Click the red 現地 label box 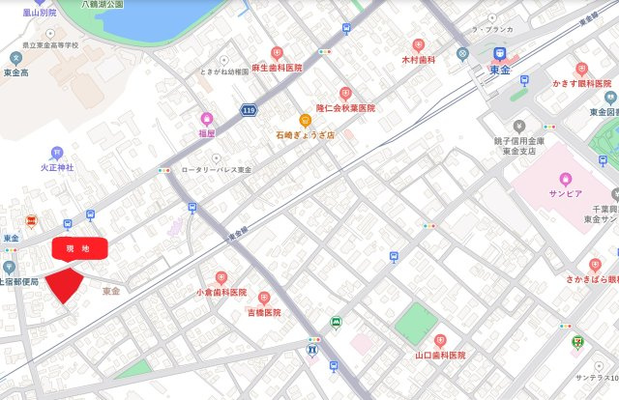(78, 249)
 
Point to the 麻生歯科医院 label (277, 68)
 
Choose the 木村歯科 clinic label (419, 59)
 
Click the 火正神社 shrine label (57, 167)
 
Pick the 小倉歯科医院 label (221, 292)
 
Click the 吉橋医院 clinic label (263, 313)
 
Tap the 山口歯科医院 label (440, 356)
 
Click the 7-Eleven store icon (577, 340)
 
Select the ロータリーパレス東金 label (216, 170)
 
